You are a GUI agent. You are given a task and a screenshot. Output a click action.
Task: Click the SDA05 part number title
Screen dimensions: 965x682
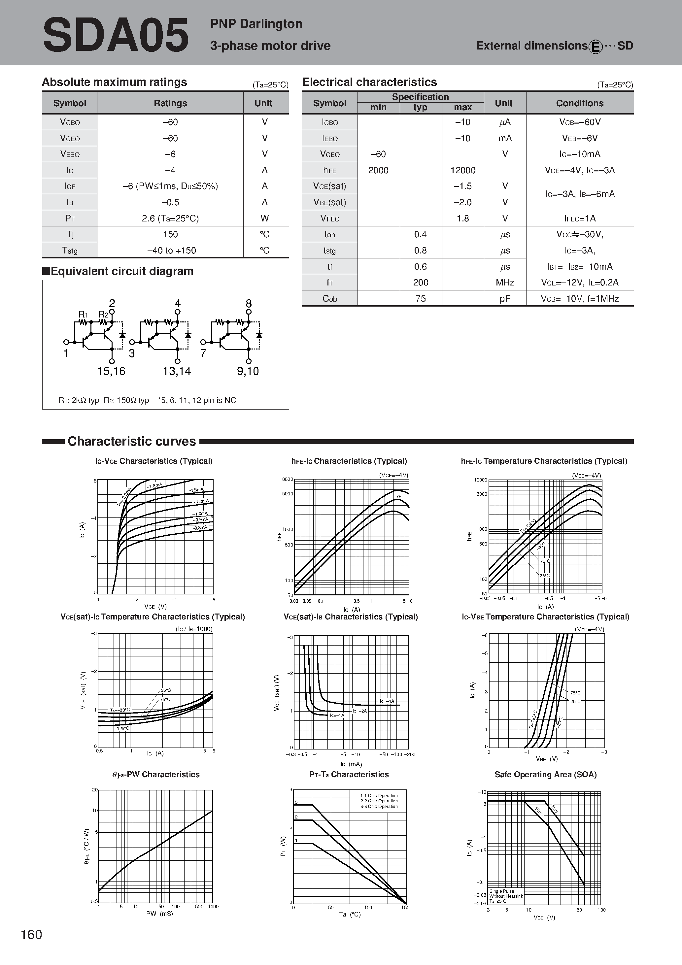pyautogui.click(x=116, y=36)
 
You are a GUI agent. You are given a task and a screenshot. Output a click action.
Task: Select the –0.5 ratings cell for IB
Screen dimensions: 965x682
pyautogui.click(x=170, y=202)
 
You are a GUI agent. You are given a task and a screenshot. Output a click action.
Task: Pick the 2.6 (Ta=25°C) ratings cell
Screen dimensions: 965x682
pyautogui.click(x=170, y=218)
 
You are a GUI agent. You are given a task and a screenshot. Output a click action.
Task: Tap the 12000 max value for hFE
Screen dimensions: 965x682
pyautogui.click(x=462, y=170)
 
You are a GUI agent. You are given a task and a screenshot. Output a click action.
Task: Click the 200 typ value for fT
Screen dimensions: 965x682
pyautogui.click(x=421, y=283)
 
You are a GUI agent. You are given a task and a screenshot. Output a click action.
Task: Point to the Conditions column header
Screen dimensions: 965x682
pyautogui.click(x=579, y=103)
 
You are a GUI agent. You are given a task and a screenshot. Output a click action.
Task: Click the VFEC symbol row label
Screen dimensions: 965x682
pyautogui.click(x=330, y=218)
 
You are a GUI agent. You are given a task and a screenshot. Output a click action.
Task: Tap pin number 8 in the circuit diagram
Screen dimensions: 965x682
pyautogui.click(x=249, y=303)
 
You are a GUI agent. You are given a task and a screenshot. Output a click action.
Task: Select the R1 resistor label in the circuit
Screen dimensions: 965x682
pyautogui.click(x=83, y=315)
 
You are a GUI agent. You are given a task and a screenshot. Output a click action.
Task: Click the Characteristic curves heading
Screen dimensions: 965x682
pyautogui.click(x=132, y=441)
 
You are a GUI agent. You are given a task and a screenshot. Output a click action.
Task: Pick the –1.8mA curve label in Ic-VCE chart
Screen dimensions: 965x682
pyautogui.click(x=155, y=486)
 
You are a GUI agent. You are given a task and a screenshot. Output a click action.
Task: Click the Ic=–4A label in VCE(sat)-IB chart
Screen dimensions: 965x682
pyautogui.click(x=387, y=701)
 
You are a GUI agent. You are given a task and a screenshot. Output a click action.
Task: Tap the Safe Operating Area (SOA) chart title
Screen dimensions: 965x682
pyautogui.click(x=545, y=774)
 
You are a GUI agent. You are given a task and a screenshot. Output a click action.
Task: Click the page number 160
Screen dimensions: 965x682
pyautogui.click(x=32, y=934)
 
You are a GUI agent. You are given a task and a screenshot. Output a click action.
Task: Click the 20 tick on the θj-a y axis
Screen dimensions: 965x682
pyautogui.click(x=95, y=790)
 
